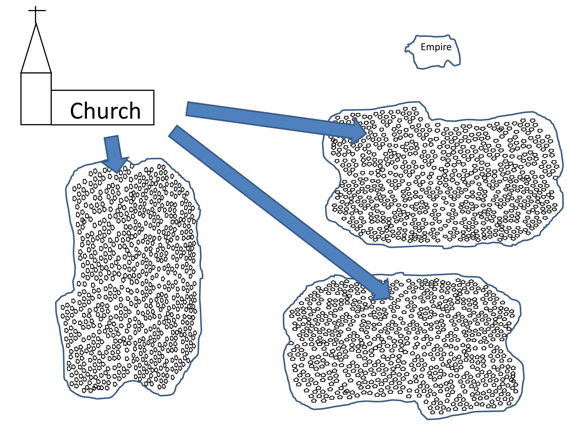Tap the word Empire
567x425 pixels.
436,47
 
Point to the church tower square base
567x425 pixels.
36,99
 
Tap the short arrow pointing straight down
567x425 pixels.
113,151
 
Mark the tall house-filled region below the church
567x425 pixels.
131,282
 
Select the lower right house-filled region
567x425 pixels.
402,346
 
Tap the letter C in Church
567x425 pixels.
78,111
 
